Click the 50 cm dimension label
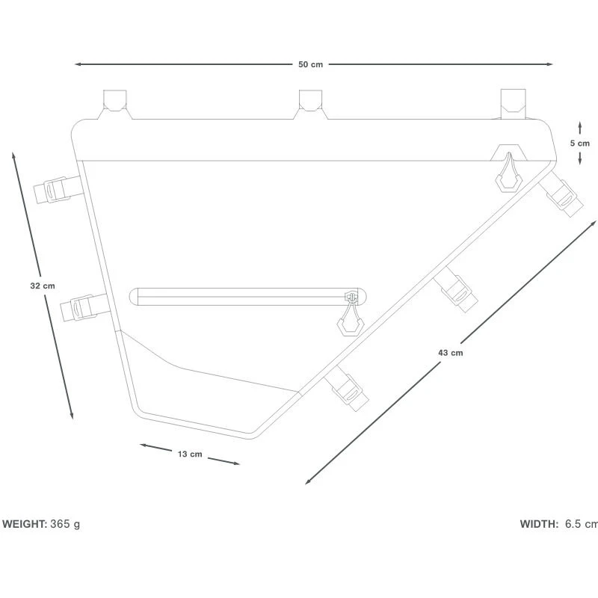click(x=310, y=64)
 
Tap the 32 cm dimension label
click(x=42, y=286)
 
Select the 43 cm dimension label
click(x=451, y=352)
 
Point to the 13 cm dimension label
click(x=190, y=454)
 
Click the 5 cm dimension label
click(x=579, y=143)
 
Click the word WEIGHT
click(x=24, y=524)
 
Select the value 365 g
click(x=65, y=524)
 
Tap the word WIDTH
click(x=538, y=524)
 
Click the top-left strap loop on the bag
click(x=115, y=103)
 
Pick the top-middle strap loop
click(x=310, y=103)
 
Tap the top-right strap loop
click(x=514, y=102)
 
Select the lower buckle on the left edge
click(x=80, y=306)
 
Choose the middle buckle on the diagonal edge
click(x=456, y=289)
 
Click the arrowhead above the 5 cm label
click(x=579, y=125)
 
